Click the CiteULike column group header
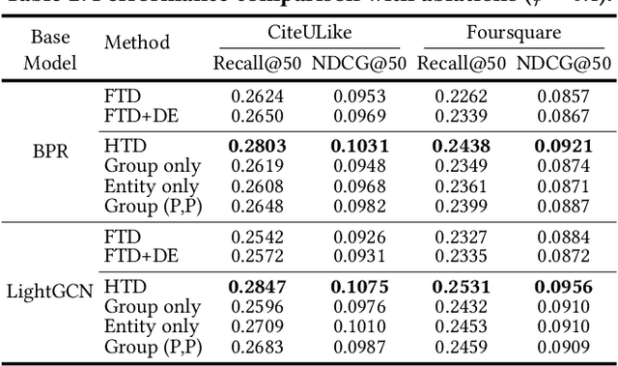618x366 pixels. (308, 33)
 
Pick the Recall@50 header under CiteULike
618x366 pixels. (256, 64)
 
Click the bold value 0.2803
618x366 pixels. (256, 147)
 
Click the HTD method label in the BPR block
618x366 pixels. (123, 147)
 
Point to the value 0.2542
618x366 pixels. (256, 236)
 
